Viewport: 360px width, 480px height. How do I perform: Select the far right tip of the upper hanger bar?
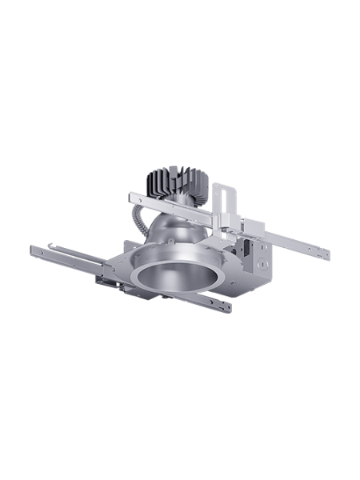[327, 255]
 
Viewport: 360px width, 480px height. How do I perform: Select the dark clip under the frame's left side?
[104, 281]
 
